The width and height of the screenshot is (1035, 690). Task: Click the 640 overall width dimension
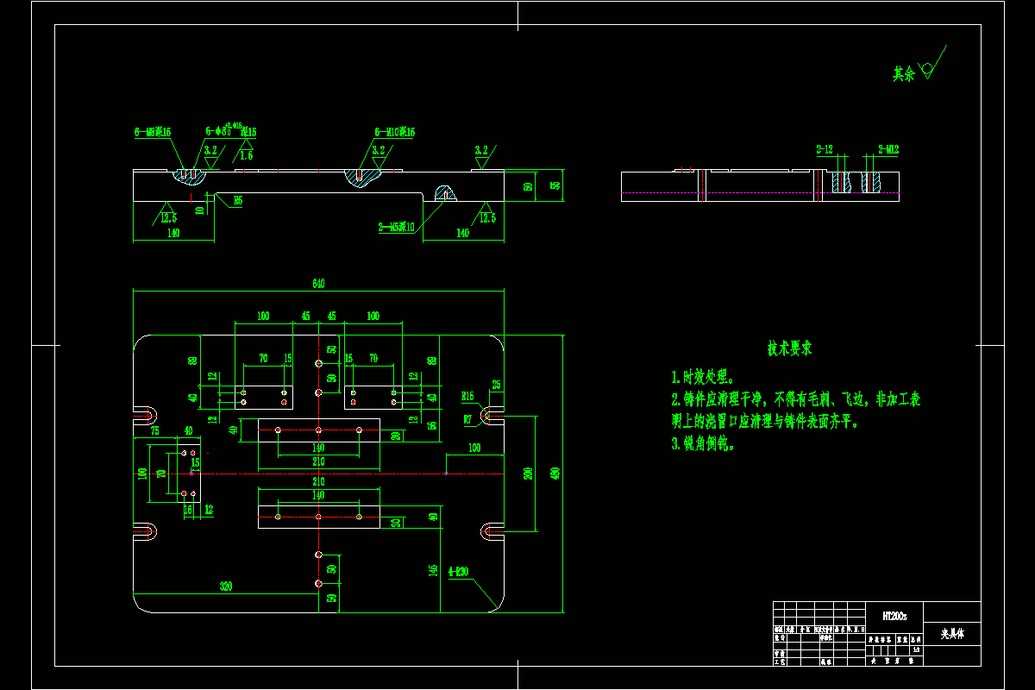[319, 284]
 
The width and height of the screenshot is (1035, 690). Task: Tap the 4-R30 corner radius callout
[459, 571]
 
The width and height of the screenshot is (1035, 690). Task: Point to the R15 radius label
[467, 396]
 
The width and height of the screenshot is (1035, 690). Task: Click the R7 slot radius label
[467, 419]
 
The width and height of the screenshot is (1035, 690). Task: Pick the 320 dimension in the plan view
[226, 586]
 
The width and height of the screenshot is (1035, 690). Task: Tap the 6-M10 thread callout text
[395, 132]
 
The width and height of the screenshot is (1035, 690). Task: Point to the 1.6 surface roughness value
[246, 155]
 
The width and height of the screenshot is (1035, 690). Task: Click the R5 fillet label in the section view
[237, 200]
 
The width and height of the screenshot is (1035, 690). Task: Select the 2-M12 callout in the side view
[888, 149]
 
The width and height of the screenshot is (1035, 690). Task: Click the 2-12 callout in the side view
[825, 149]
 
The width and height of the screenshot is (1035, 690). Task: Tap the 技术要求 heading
[789, 349]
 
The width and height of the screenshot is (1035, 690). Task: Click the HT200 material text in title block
[894, 616]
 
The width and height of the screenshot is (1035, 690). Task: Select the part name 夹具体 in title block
[952, 635]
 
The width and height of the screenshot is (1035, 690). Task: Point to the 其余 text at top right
[903, 75]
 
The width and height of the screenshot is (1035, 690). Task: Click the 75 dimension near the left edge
[154, 430]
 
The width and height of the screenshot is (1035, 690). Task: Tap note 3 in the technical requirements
[703, 444]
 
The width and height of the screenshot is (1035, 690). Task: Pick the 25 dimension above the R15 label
[496, 385]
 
